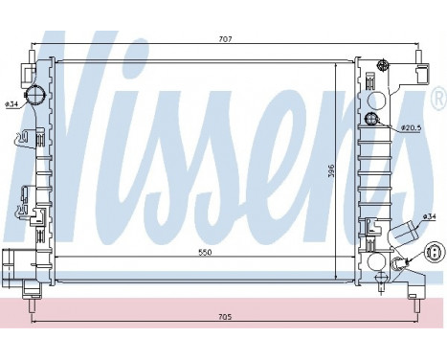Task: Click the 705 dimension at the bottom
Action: click(224, 315)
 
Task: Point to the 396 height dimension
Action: click(331, 171)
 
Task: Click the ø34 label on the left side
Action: click(11, 104)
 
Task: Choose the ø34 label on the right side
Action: click(430, 216)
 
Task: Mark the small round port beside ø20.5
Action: click(373, 120)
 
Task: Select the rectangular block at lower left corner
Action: click(14, 259)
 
